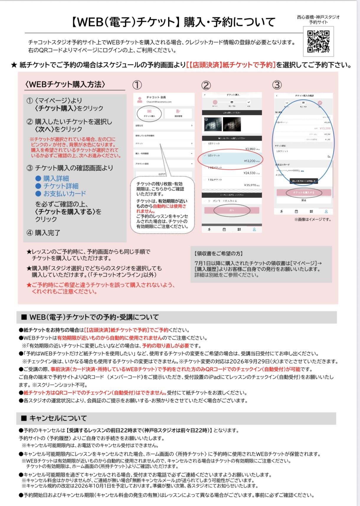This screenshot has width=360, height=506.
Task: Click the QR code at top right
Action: coord(318,42)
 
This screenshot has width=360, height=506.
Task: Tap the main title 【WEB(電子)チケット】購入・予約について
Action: coord(173,22)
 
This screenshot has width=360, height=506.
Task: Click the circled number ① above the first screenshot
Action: coord(137,85)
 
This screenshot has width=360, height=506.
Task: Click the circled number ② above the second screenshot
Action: coord(206,86)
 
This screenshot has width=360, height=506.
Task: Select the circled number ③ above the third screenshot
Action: coord(276,85)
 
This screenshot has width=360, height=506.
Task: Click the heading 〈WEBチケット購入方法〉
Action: coord(65,84)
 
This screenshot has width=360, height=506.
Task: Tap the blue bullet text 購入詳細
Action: coord(56,178)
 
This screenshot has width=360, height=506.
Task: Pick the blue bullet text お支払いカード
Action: coord(65,194)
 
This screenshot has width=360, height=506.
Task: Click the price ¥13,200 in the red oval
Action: coord(250,161)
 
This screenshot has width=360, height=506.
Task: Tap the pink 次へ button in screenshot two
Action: coord(232,210)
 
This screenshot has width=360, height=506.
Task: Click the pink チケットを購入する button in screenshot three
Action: coord(304,192)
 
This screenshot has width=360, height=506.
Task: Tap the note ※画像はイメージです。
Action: coord(312,219)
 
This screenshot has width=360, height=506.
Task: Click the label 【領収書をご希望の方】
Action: coord(218,254)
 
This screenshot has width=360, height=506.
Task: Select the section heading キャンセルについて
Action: coord(58,418)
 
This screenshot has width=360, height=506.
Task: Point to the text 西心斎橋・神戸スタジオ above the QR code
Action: coord(318,17)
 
